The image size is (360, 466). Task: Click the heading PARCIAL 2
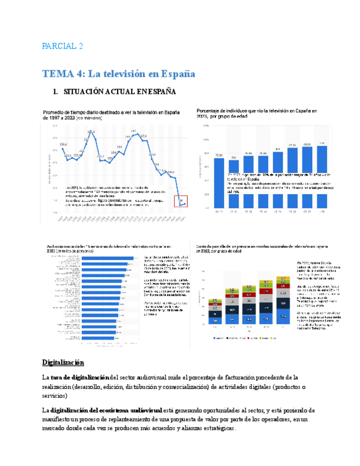click(x=62, y=46)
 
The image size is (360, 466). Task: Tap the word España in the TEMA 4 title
click(x=177, y=74)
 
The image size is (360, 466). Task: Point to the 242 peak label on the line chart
click(x=134, y=130)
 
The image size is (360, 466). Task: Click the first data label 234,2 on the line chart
click(x=64, y=145)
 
